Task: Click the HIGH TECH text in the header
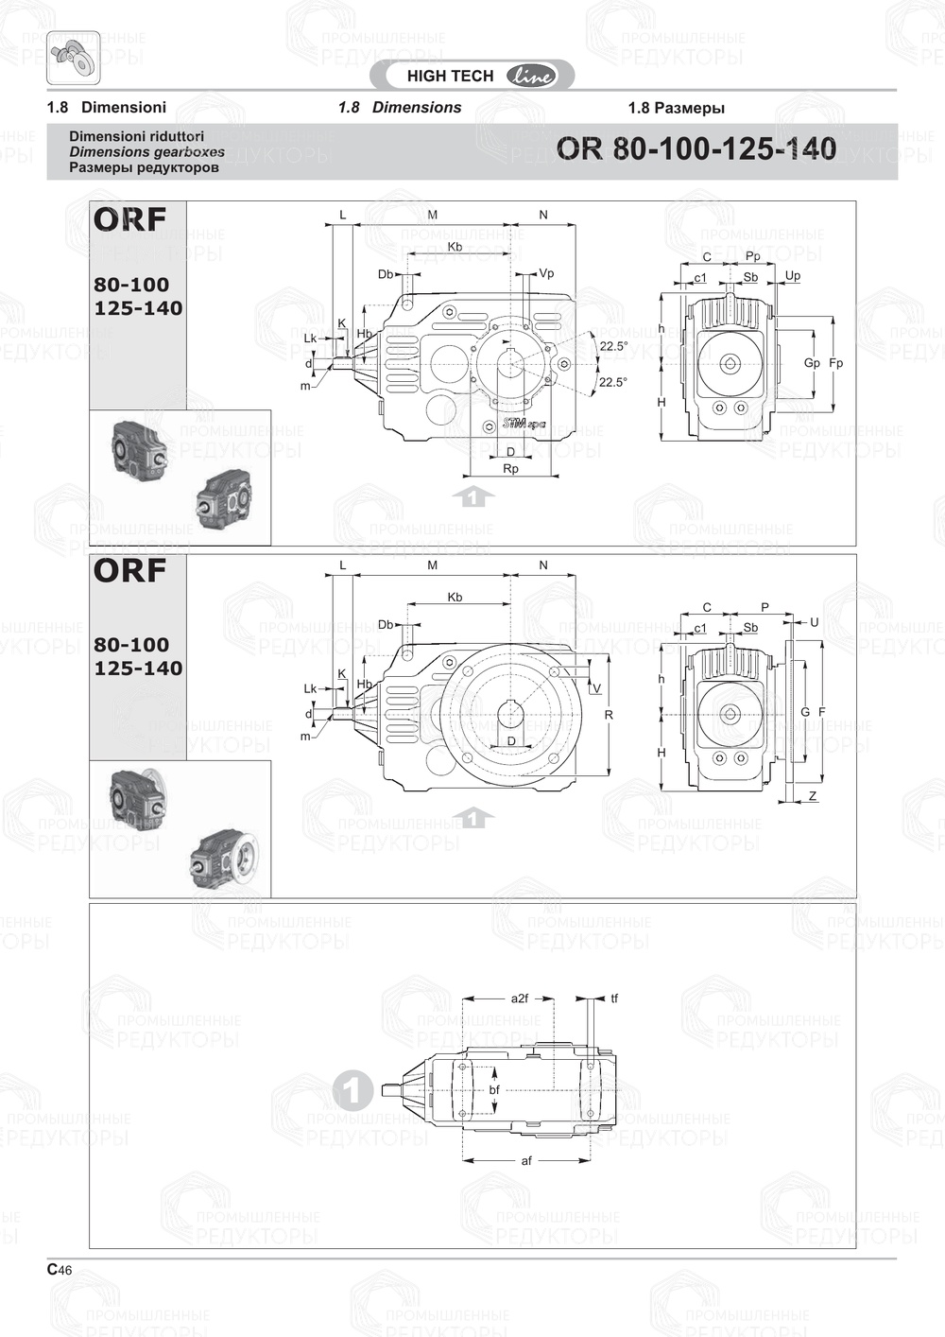click(450, 77)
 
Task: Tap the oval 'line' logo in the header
click(532, 77)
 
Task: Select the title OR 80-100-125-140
click(696, 149)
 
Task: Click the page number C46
click(60, 1270)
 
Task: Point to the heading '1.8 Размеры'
click(676, 108)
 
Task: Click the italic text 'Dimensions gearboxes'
click(146, 151)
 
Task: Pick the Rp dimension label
click(510, 469)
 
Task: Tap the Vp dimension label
click(546, 273)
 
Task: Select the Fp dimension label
click(835, 363)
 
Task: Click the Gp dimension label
click(812, 363)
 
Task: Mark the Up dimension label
click(793, 276)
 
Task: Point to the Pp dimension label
click(752, 256)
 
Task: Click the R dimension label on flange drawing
click(609, 715)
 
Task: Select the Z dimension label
click(813, 797)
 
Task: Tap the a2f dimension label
click(519, 998)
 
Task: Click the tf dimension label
click(614, 998)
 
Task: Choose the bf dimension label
click(494, 1089)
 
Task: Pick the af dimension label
click(526, 1160)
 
